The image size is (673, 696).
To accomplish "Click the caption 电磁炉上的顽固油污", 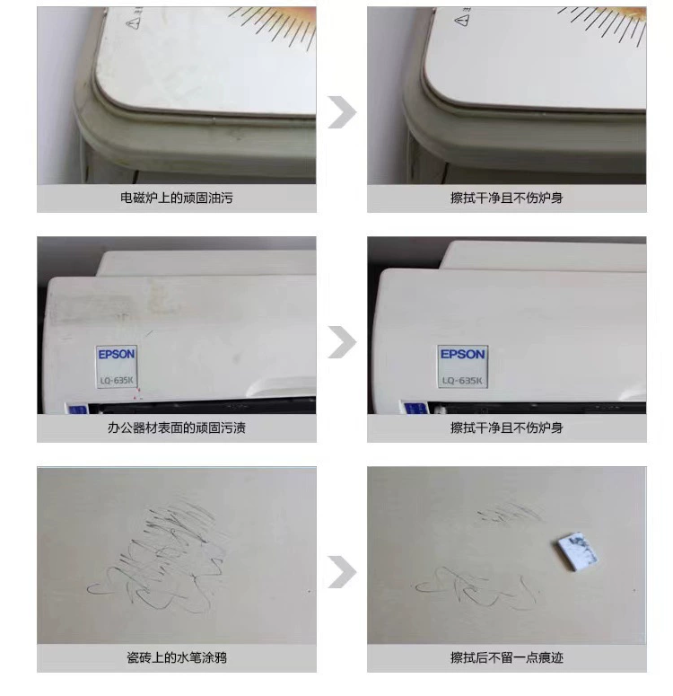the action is click(177, 198).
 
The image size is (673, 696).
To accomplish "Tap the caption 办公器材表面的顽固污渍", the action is click(177, 427).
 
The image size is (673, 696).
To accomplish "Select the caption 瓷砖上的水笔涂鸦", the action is click(177, 657).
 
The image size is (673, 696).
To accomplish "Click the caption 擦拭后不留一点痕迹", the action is click(507, 657).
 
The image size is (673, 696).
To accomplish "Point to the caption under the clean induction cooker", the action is click(507, 198).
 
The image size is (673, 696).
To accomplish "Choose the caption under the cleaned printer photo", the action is click(507, 427).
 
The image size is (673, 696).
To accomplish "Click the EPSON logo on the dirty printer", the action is click(117, 354).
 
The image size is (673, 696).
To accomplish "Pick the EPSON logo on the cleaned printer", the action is click(463, 354).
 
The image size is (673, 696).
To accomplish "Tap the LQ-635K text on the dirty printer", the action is click(117, 381).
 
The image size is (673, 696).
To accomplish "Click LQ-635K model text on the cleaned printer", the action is click(462, 381).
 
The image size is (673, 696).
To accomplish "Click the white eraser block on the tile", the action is click(577, 552).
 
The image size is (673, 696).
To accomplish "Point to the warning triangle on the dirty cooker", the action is click(134, 23).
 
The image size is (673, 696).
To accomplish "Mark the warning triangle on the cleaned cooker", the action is click(462, 20).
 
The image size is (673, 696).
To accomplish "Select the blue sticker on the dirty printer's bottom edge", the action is click(77, 409).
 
